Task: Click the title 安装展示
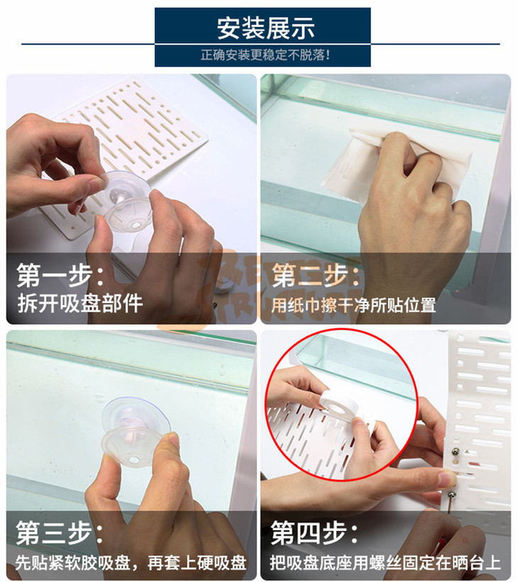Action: tap(265, 28)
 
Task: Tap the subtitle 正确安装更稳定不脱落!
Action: tap(265, 55)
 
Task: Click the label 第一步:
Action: tap(60, 276)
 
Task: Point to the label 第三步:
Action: tap(60, 532)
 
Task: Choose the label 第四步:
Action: tap(314, 532)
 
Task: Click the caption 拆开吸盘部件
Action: tap(79, 304)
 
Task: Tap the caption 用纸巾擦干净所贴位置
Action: tap(353, 305)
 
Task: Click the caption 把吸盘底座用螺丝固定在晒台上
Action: tap(385, 563)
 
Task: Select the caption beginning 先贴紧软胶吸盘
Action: tap(131, 563)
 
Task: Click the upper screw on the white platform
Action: tap(456, 451)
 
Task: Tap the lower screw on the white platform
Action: tap(452, 495)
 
